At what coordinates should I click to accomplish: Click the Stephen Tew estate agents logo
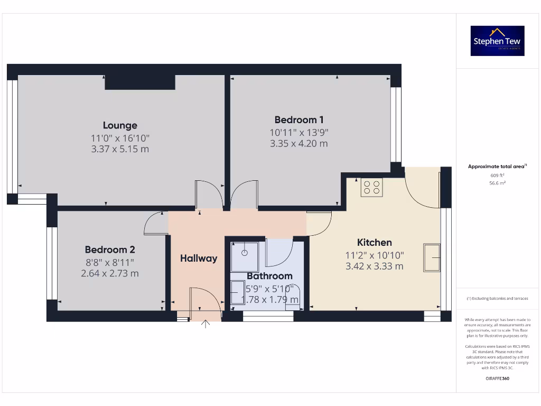coord(497,41)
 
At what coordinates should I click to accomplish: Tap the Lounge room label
coord(120,125)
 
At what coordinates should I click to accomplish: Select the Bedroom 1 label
coord(299,120)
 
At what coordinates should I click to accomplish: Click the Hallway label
coord(199,259)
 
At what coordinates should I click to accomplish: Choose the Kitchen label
coord(375,243)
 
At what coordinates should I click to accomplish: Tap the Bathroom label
coord(269,276)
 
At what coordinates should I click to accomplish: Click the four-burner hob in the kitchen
coord(371,187)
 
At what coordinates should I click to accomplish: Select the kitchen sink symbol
coord(432,257)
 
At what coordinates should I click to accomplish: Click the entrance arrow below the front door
coord(205,324)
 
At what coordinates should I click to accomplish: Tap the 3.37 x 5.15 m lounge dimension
coord(120,149)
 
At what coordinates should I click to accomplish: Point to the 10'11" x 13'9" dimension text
coord(299,132)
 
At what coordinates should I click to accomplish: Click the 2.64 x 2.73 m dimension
coord(110,273)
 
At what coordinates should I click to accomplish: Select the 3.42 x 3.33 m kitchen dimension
coord(375,266)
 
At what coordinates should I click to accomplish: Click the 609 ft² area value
coord(497,175)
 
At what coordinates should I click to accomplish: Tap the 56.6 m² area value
coord(497,183)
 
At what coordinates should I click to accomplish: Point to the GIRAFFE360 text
coord(497,379)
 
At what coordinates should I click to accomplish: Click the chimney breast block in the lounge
coord(140,82)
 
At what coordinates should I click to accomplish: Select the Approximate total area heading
coord(497,167)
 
